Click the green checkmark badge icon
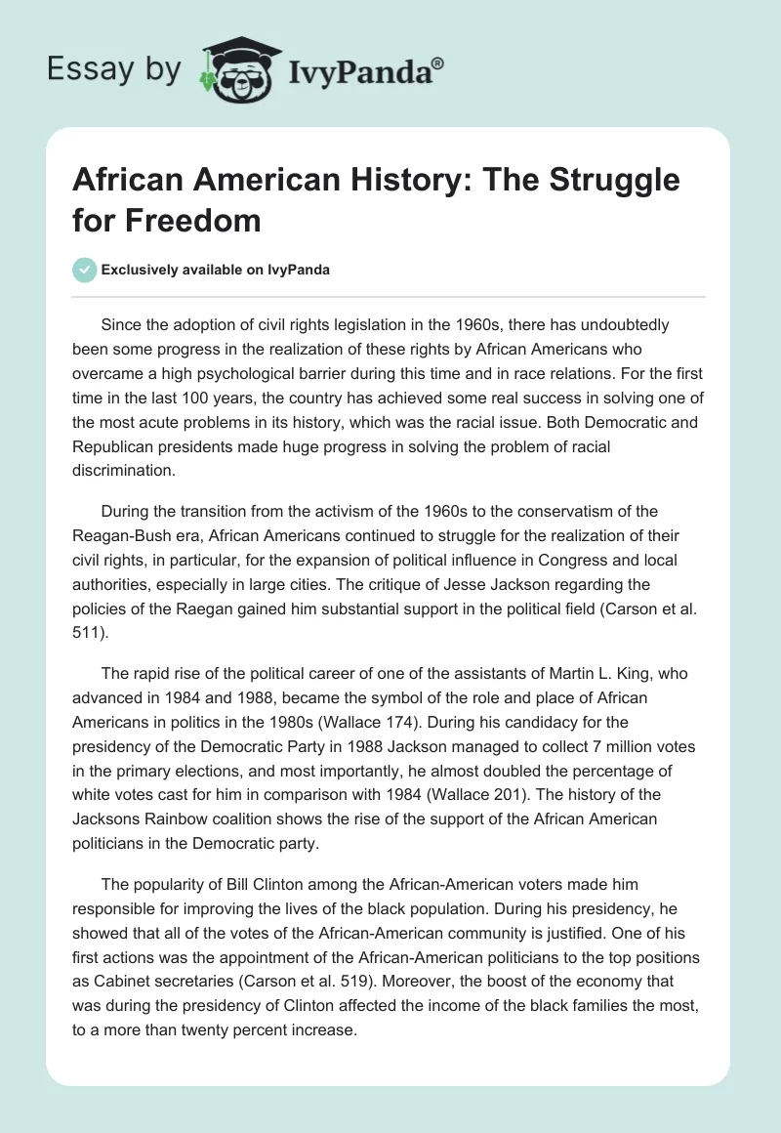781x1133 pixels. point(86,271)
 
